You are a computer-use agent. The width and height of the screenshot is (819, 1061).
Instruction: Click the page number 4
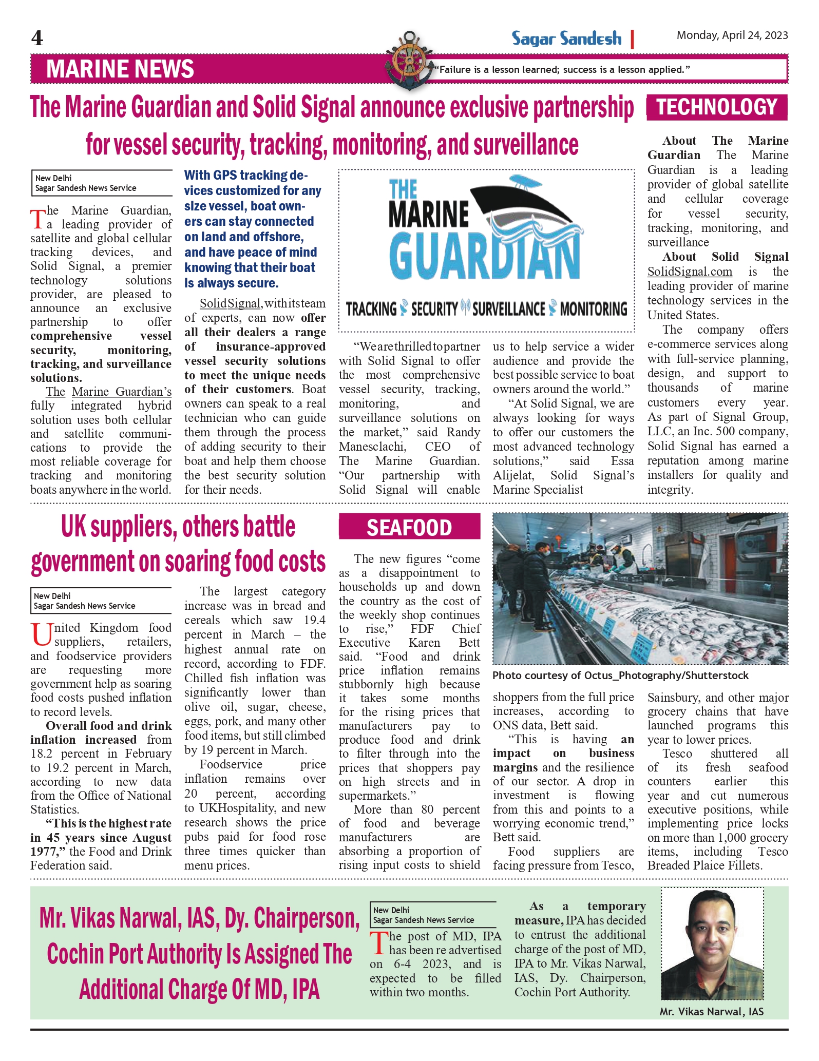point(37,38)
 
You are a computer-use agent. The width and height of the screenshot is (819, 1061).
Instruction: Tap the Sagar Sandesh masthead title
point(566,38)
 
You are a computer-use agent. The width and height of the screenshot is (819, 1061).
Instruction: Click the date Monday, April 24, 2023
point(732,35)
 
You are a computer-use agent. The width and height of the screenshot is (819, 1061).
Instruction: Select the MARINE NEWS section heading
point(120,69)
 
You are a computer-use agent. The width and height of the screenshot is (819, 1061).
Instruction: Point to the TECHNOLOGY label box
point(716,107)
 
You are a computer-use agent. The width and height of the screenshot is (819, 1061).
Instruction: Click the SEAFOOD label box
point(409,527)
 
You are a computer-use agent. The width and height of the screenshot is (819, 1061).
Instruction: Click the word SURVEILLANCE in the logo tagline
point(508,309)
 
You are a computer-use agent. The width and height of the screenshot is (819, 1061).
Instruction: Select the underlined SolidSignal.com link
point(690,272)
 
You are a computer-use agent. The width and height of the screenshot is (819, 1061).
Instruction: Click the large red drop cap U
point(41,634)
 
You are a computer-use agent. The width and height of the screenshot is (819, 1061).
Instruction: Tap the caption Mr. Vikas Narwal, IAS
point(711,1012)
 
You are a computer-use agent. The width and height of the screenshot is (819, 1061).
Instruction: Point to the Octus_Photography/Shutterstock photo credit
point(620,676)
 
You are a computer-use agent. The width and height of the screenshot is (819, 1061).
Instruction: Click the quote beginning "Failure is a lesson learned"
point(562,70)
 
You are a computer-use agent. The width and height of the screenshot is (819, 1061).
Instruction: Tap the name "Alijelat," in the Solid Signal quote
point(513,475)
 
